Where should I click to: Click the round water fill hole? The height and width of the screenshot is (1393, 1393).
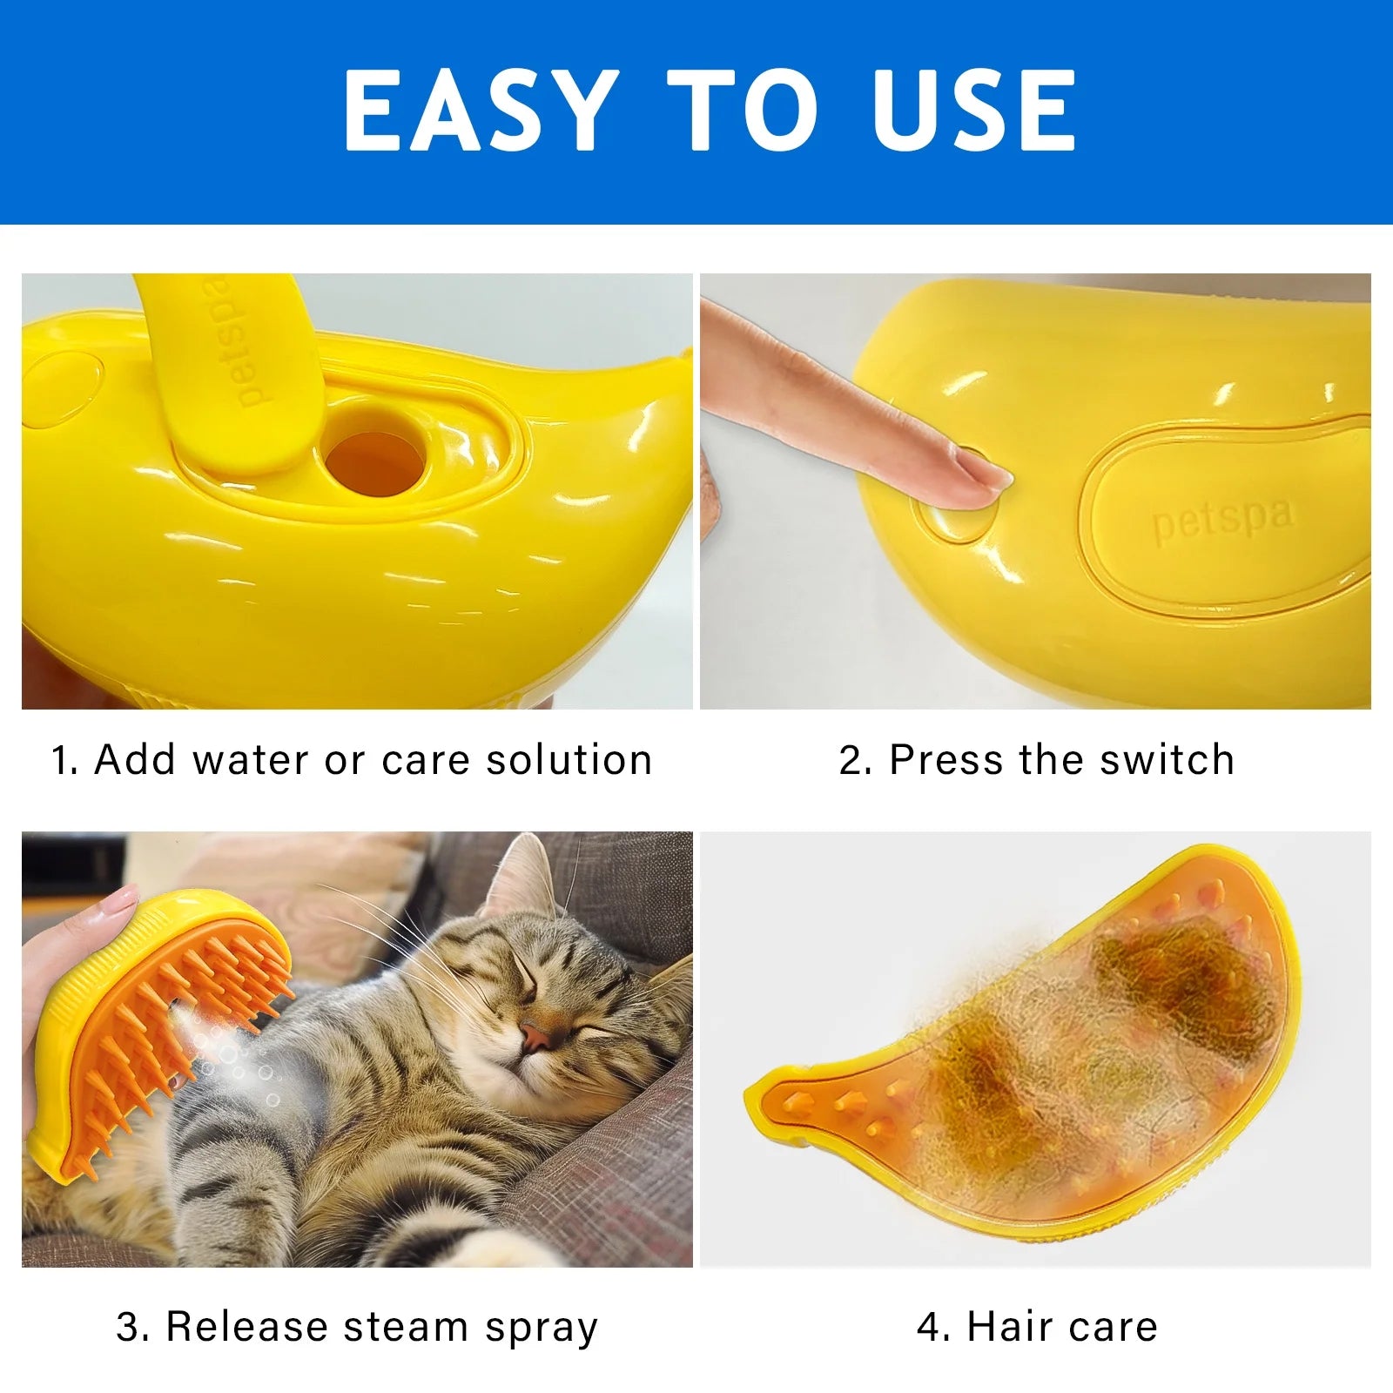point(375,456)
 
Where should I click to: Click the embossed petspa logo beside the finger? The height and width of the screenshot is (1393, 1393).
point(1222,519)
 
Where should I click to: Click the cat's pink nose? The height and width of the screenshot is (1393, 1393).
point(535,1035)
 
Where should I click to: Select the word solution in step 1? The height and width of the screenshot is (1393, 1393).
point(569,760)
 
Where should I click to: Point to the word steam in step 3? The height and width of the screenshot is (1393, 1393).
point(407,1328)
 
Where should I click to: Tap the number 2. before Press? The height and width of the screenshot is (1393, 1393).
point(855,760)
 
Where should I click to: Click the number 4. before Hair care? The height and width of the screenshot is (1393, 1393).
point(934,1327)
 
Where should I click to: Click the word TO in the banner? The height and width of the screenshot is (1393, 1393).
point(743,111)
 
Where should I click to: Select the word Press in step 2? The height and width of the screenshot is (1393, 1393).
point(945,760)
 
